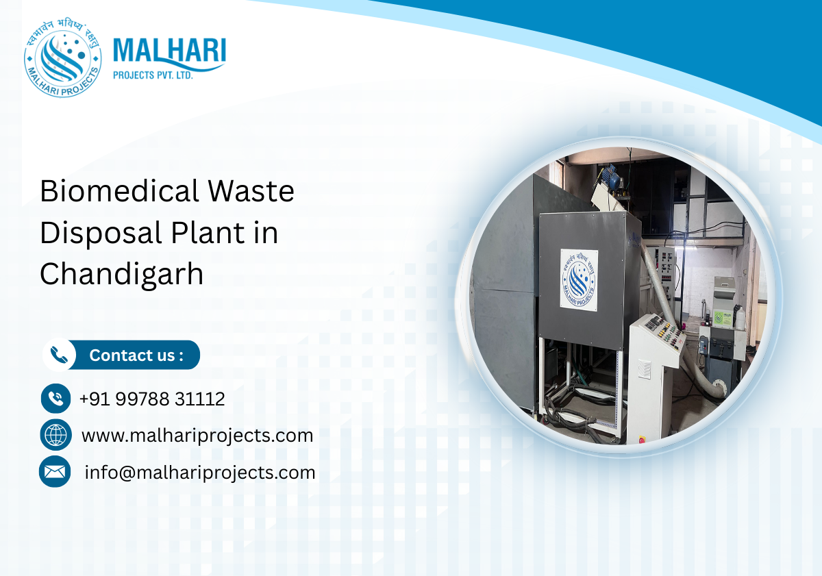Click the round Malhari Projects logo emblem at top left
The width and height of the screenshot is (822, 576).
(x=62, y=59)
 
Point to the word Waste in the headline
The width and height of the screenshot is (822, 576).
(x=253, y=191)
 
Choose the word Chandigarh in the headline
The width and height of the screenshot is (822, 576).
(x=121, y=275)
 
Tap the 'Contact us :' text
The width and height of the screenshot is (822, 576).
(x=136, y=355)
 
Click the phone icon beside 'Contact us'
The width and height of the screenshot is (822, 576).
(x=60, y=355)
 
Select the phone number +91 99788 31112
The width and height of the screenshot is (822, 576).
(x=152, y=399)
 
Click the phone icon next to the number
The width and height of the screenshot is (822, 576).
(x=55, y=398)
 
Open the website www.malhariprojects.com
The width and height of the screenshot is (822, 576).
(x=197, y=435)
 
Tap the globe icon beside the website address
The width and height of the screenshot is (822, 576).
(x=55, y=435)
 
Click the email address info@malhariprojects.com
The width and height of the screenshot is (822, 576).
(x=200, y=472)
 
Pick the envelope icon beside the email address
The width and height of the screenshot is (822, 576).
(x=55, y=472)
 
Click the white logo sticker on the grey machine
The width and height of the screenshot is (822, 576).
(x=579, y=279)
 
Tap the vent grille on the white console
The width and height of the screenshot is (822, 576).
(x=645, y=369)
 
